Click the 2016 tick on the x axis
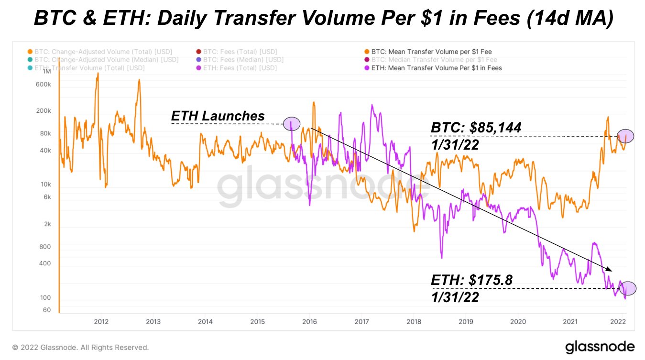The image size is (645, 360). tap(310, 321)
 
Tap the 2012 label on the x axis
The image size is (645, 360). tap(100, 321)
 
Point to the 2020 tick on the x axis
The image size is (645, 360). tap(518, 321)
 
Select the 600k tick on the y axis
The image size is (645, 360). tap(44, 84)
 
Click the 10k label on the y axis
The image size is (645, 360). tap(45, 185)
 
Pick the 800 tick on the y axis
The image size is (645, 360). tap(44, 247)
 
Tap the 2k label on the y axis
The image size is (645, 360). tap(46, 224)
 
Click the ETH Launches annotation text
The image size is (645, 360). tap(218, 116)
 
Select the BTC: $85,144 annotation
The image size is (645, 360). tap(476, 127)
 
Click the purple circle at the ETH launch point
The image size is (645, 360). tap(292, 124)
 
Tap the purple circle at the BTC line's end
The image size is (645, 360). tap(625, 136)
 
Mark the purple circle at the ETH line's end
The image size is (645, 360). tap(628, 288)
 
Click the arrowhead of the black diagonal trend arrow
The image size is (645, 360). tap(610, 271)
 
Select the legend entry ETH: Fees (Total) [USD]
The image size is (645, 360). tap(236, 68)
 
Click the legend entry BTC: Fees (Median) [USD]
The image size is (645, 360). tap(239, 60)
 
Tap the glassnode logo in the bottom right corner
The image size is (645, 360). tap(600, 347)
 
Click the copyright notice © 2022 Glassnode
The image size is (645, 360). tap(80, 348)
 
